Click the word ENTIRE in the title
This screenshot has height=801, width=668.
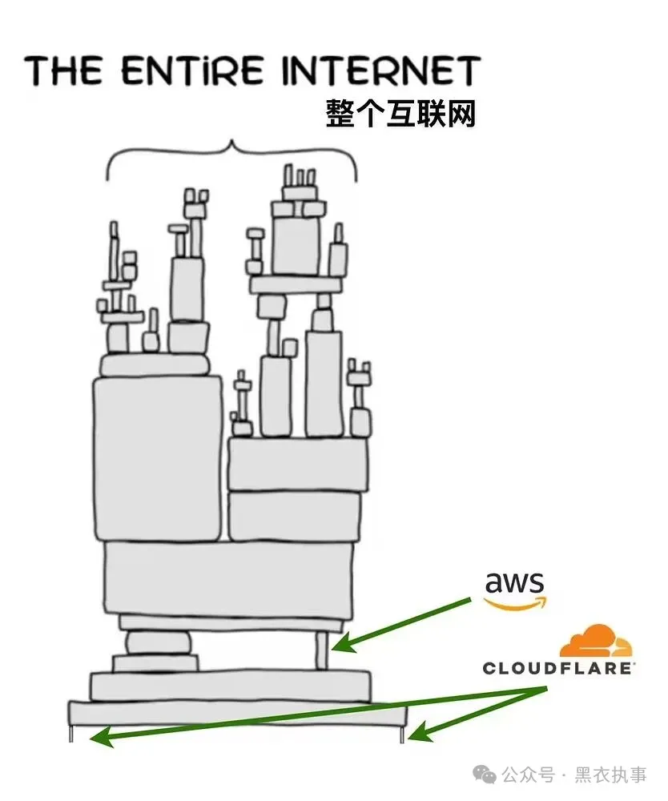193,70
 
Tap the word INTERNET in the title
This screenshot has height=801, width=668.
381,70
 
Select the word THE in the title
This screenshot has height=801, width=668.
64,70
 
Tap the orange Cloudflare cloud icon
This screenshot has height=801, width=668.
596,641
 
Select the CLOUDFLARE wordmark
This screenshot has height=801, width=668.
558,668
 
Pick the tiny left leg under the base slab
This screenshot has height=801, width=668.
71,733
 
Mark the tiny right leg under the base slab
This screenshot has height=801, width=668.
402,734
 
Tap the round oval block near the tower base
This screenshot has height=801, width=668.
159,642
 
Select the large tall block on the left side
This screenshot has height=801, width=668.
159,458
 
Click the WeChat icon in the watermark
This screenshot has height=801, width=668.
484,774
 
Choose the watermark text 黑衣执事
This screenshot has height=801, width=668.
611,775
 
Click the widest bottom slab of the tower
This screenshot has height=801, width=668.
238,713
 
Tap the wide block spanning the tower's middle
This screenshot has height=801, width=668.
229,578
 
